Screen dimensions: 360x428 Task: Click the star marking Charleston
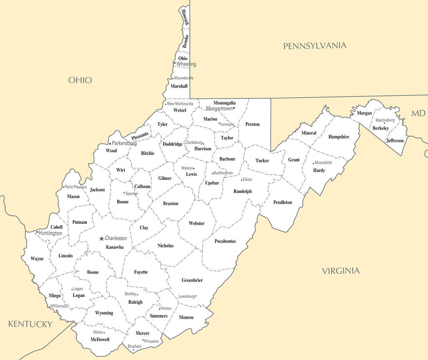[101, 238]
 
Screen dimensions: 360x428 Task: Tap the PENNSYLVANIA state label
[315, 46]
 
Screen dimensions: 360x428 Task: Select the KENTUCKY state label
[31, 324]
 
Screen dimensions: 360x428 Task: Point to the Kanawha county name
[115, 247]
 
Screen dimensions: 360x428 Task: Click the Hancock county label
[185, 17]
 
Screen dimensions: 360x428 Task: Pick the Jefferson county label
[395, 141]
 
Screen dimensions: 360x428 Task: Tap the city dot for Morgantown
[234, 108]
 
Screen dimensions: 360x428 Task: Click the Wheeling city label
[186, 64]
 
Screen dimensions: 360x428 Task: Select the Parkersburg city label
[125, 143]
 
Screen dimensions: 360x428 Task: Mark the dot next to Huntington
[37, 232]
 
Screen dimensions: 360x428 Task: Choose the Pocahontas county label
[225, 241]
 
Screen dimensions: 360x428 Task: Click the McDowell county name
[100, 340]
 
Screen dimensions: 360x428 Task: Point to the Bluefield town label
[135, 346]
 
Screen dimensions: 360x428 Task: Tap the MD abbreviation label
[418, 114]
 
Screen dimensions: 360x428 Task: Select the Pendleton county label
[283, 202]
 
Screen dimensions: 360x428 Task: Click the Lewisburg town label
[186, 296]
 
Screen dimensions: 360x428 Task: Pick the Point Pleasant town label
[76, 187]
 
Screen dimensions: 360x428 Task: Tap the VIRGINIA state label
[341, 271]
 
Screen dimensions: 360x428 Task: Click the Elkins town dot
[242, 180]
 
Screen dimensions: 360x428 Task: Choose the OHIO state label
[80, 80]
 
